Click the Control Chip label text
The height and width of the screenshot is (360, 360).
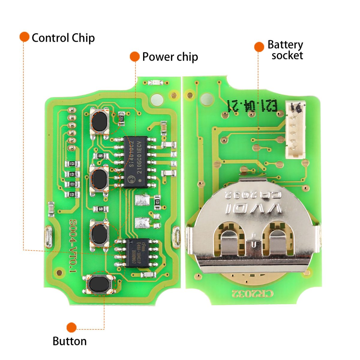pyautogui.click(x=63, y=38)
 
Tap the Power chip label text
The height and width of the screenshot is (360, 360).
pyautogui.click(x=170, y=57)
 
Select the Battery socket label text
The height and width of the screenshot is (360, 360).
pyautogui.click(x=285, y=50)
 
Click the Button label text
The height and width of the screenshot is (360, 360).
pyautogui.click(x=70, y=341)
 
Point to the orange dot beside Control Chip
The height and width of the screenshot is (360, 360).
pyautogui.click(x=24, y=37)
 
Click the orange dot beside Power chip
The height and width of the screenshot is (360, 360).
pyautogui.click(x=135, y=56)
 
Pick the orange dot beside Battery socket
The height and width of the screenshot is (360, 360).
pyautogui.click(x=259, y=47)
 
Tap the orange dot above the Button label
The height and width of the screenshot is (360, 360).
pyautogui.click(x=71, y=327)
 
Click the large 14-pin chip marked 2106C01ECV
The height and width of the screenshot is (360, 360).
pyautogui.click(x=136, y=162)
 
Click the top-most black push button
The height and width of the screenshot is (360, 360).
pyautogui.click(x=100, y=122)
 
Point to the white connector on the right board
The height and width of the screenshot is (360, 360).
pyautogui.click(x=295, y=130)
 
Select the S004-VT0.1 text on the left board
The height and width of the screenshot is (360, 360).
pyautogui.click(x=73, y=246)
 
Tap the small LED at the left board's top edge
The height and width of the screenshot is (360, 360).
pyautogui.click(x=155, y=82)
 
